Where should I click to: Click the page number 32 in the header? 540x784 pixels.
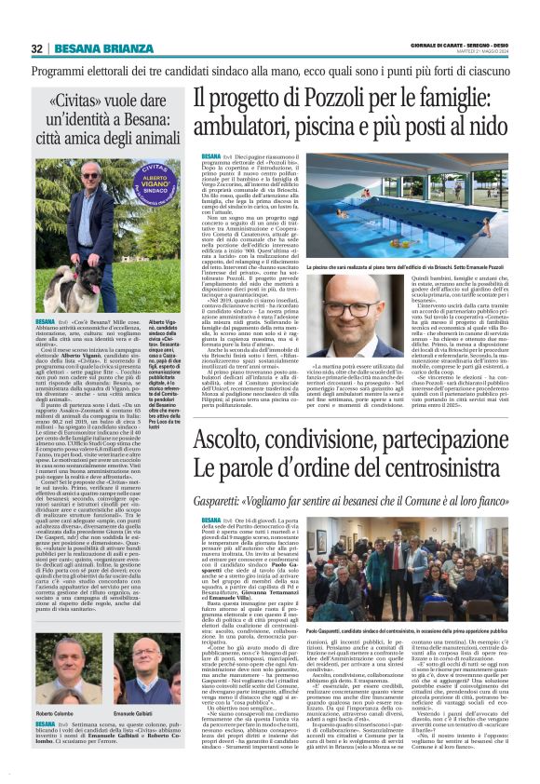point(37,49)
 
